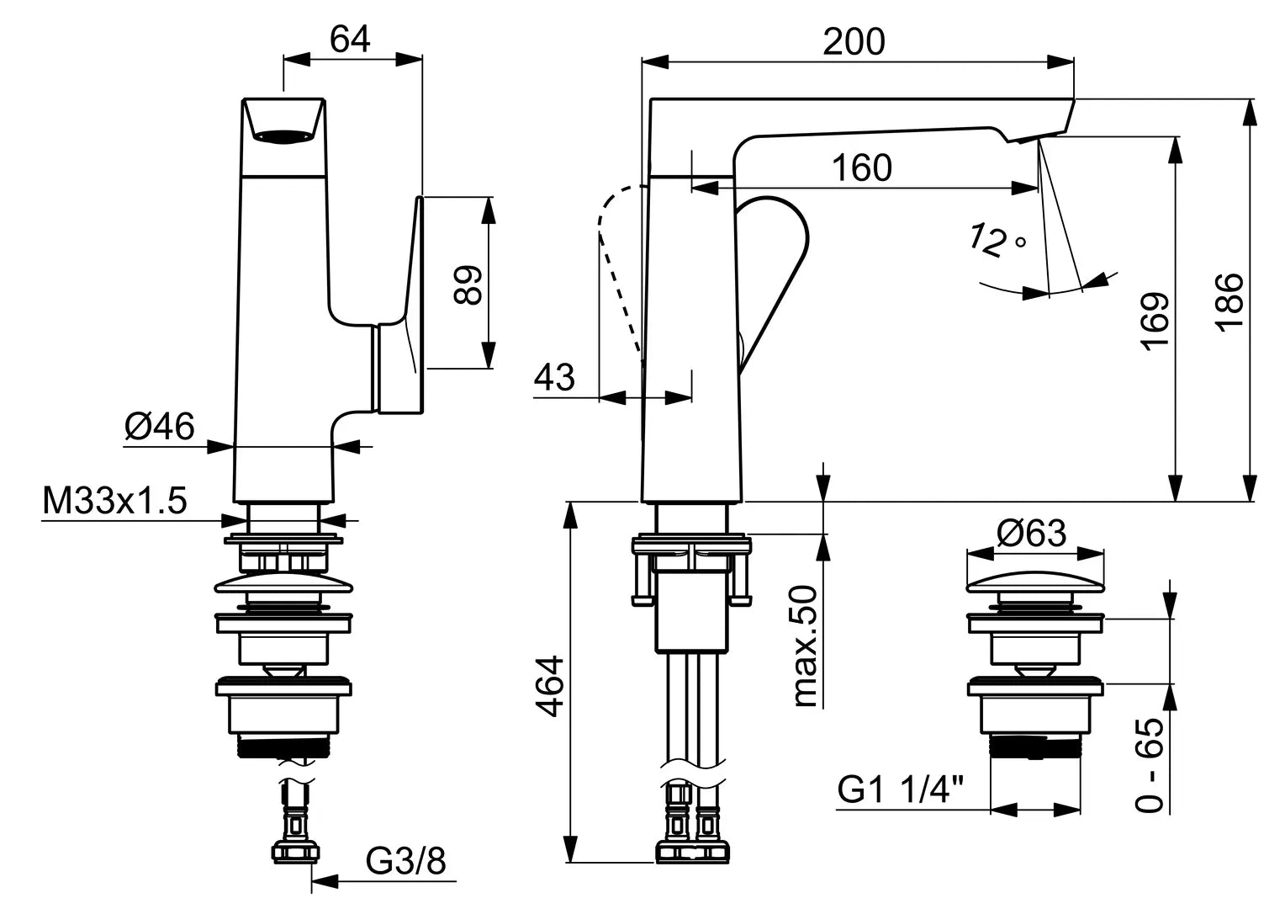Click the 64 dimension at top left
click(350, 39)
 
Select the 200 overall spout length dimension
click(854, 41)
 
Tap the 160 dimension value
click(862, 168)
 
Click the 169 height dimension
click(1155, 320)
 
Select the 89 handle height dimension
click(468, 284)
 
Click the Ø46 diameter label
click(159, 426)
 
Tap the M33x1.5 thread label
click(114, 502)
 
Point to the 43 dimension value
click(555, 377)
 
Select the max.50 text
click(805, 646)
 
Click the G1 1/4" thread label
click(901, 790)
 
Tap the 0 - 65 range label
click(1150, 764)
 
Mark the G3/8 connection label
click(406, 861)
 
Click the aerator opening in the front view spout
click(283, 136)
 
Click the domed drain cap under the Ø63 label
click(1034, 585)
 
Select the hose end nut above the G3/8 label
click(295, 853)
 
